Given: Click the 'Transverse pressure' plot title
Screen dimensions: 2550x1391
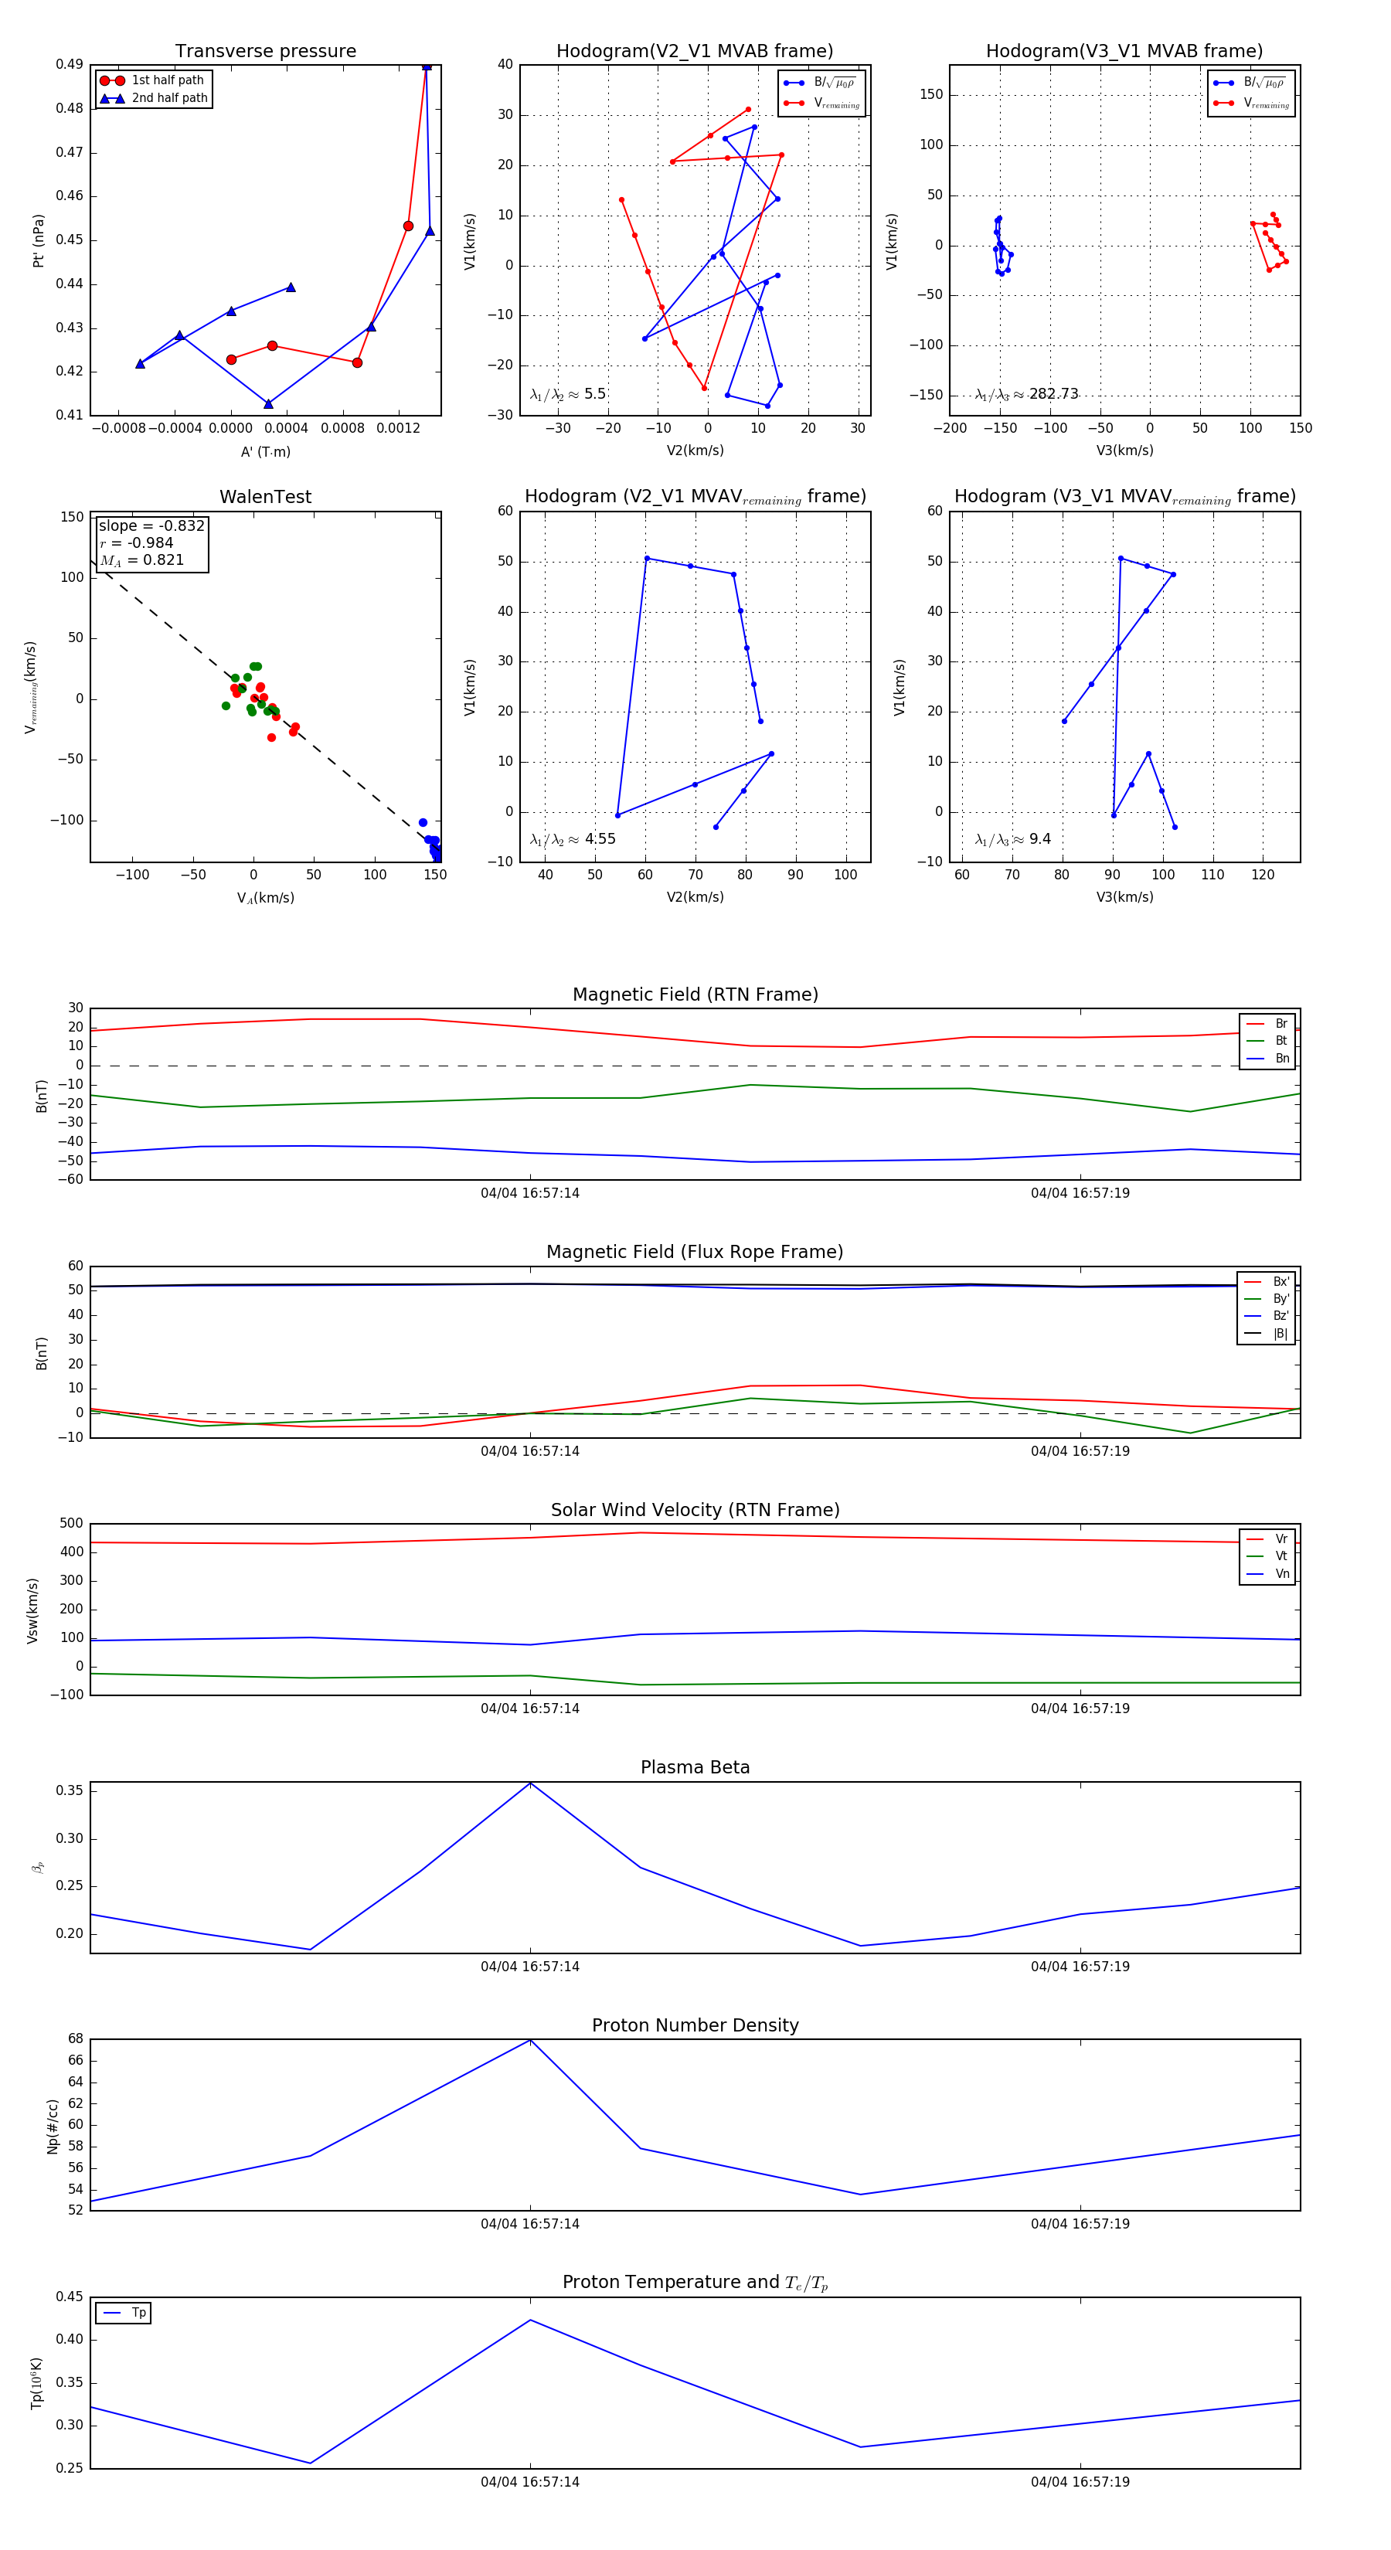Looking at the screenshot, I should (x=265, y=52).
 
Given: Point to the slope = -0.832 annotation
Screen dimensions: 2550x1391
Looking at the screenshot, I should (x=151, y=525).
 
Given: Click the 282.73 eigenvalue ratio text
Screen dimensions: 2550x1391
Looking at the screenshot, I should (x=1053, y=394).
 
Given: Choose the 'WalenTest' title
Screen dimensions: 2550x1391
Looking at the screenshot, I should (x=265, y=497).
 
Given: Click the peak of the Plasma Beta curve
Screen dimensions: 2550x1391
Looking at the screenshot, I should (x=531, y=1783).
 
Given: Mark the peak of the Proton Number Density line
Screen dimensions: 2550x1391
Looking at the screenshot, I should (x=531, y=2039).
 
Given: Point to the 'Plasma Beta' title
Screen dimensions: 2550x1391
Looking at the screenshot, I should (x=695, y=1767).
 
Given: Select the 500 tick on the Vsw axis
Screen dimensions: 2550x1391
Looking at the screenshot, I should (x=71, y=1524).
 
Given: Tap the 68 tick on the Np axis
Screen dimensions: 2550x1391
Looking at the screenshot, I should (x=75, y=2038).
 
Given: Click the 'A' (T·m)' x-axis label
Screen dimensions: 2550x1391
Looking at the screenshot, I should (x=265, y=451).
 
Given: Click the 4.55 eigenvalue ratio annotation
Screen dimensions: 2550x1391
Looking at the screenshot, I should (x=599, y=839).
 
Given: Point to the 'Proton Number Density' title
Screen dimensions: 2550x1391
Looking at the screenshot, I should (x=695, y=2025).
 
